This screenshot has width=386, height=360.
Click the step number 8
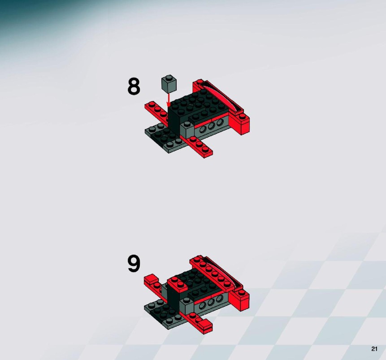134,87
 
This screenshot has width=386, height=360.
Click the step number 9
134,264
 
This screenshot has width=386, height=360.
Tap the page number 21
374,349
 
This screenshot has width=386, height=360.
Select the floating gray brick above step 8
169,84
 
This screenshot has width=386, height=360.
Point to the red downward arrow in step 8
169,100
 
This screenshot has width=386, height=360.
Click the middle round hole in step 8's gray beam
211,126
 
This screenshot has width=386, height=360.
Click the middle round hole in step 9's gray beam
211,303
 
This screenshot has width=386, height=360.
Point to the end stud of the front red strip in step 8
205,149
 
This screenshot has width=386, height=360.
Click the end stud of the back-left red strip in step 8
152,104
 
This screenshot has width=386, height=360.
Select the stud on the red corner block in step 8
242,116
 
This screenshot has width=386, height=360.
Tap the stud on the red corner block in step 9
242,292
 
